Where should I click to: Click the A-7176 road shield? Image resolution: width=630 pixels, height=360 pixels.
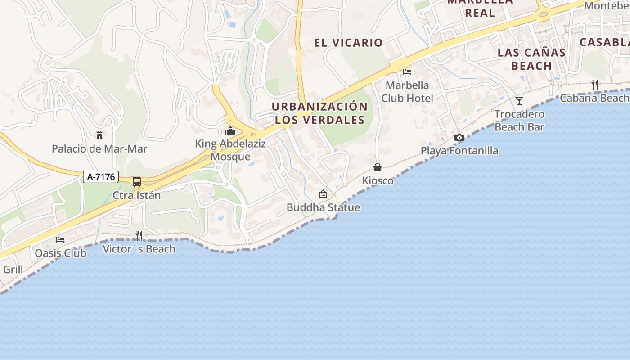(101, 177)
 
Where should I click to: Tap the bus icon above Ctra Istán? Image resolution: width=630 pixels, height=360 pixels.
(137, 182)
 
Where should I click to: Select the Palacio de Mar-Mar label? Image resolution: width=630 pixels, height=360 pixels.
(99, 148)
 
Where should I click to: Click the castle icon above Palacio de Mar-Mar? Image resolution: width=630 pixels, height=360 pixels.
(99, 135)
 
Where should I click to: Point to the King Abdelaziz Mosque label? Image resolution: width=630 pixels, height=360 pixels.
(230, 150)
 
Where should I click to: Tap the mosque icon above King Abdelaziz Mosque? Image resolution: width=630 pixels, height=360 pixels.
(230, 131)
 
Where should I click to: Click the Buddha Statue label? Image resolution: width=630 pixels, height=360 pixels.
(324, 207)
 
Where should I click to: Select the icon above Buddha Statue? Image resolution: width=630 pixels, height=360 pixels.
(323, 194)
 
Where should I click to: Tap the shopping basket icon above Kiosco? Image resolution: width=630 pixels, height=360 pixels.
(378, 167)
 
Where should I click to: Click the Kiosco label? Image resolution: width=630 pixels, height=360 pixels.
(378, 181)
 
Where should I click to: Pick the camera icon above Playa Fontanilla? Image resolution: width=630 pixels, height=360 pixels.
(459, 137)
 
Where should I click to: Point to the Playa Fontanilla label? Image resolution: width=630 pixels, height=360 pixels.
(459, 151)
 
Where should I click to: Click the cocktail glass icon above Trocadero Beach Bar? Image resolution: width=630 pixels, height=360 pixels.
(519, 100)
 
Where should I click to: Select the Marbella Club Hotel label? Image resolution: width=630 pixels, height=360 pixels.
(407, 91)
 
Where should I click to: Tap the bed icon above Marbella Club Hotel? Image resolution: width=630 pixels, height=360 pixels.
(407, 72)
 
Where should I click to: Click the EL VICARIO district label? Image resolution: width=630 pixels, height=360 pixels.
(348, 43)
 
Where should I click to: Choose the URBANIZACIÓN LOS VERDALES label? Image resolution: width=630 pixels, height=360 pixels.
(320, 113)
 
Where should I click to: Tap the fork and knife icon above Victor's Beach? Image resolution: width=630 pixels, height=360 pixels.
(139, 235)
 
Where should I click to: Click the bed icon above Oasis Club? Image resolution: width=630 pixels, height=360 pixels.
(60, 240)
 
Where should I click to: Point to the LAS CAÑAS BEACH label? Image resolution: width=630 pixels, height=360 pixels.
(531, 59)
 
